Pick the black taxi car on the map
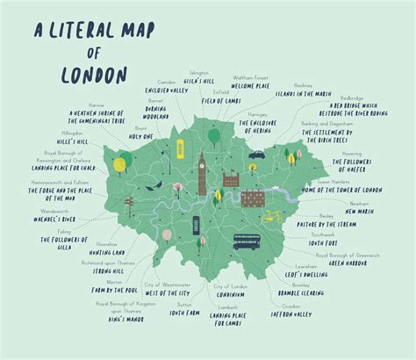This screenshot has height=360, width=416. click(x=256, y=155)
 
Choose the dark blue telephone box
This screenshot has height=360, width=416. click(x=219, y=198)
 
